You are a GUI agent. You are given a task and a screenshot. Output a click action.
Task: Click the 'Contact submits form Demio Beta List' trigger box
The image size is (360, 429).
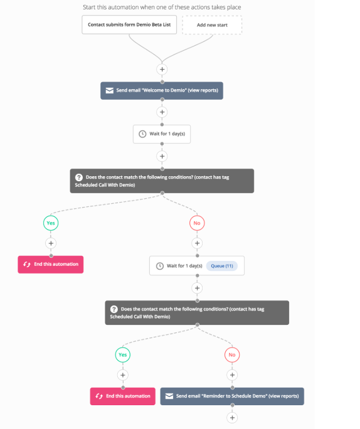pos(129,24)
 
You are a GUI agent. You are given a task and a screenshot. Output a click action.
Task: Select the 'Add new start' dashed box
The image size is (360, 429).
pos(212,25)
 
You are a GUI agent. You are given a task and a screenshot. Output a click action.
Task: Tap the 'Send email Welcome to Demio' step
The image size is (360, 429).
pos(162,90)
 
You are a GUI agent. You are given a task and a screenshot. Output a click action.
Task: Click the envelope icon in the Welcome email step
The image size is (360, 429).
pos(109,90)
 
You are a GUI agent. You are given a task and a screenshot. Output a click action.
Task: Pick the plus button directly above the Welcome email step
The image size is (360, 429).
pos(162,69)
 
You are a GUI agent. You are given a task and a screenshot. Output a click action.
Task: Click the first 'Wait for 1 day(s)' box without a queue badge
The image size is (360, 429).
pos(162,134)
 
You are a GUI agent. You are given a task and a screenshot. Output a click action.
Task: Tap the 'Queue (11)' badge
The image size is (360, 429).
pos(222,266)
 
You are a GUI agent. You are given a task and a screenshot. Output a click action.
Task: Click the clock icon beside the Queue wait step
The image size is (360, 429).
pos(160,266)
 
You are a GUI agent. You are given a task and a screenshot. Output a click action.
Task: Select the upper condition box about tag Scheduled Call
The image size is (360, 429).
pos(162,181)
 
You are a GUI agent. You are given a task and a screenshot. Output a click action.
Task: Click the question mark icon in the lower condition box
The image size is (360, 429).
pos(114,309)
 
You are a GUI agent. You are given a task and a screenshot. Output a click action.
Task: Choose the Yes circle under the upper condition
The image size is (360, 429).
pos(51,223)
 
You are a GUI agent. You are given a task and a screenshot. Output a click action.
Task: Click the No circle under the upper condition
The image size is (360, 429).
pos(197,223)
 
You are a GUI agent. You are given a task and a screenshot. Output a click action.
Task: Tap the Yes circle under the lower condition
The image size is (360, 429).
pos(123,355)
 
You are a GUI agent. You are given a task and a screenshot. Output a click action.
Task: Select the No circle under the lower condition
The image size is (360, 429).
pos(232,355)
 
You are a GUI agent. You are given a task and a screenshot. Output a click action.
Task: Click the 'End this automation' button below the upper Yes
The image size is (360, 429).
pos(51,265)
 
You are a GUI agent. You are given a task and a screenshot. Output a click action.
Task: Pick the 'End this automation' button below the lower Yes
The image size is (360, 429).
pos(123,396)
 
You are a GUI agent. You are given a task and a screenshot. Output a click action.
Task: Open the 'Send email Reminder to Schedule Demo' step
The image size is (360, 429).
pos(232,396)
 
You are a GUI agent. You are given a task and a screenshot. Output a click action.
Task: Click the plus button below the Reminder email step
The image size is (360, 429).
pos(232,418)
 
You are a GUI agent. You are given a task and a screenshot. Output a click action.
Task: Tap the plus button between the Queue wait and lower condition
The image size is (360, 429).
pos(197,288)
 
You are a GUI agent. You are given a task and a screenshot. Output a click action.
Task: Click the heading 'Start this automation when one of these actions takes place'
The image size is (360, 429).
pos(162,7)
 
